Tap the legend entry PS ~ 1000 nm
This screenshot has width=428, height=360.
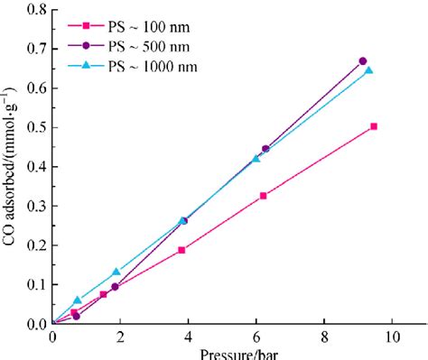pyautogui.click(x=150, y=66)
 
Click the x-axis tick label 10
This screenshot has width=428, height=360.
pyautogui.click(x=393, y=337)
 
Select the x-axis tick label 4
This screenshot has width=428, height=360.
pyautogui.click(x=189, y=337)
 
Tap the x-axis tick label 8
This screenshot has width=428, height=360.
pyautogui.click(x=325, y=337)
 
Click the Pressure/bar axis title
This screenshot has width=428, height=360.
pyautogui.click(x=223, y=354)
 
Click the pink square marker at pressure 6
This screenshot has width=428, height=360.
pyautogui.click(x=264, y=196)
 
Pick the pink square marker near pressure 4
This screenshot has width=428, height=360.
pyautogui.click(x=182, y=249)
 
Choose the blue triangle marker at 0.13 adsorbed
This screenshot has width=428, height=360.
pyautogui.click(x=116, y=272)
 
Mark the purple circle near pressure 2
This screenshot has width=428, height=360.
pyautogui.click(x=115, y=287)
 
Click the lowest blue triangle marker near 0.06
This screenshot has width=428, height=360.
pyautogui.click(x=78, y=300)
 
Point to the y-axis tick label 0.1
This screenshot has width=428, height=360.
pyautogui.click(x=35, y=285)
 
